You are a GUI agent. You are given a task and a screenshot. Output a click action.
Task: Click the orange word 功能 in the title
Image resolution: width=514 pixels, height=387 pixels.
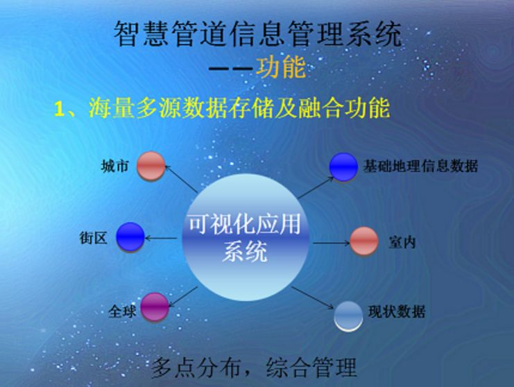281,67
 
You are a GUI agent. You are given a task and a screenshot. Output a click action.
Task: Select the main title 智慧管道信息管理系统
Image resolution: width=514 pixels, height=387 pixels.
257,34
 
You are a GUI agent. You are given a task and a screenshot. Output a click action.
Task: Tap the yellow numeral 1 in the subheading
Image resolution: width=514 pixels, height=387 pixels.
59,109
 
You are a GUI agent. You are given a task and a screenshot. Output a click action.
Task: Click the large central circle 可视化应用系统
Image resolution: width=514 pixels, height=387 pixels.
246,237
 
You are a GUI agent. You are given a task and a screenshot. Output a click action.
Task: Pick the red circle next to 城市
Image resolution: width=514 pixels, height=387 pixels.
151,166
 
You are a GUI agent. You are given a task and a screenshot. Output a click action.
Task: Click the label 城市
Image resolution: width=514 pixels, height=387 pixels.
114,166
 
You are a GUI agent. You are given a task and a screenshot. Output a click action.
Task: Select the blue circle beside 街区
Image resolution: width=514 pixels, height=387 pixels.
130,237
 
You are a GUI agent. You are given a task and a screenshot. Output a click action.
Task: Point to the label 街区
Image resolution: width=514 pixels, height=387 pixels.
94,237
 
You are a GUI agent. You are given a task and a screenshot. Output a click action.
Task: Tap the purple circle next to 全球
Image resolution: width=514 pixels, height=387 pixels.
155,307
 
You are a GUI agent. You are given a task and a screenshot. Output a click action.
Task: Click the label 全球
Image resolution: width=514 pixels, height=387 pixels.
122,311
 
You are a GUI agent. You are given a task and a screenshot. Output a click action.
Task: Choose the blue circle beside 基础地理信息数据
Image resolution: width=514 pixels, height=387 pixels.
343,166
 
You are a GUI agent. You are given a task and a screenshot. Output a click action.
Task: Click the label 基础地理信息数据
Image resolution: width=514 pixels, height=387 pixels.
420,166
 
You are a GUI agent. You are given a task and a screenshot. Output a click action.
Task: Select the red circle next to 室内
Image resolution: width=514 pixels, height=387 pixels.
364,241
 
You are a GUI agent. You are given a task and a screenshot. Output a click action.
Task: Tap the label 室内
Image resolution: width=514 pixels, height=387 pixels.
402,242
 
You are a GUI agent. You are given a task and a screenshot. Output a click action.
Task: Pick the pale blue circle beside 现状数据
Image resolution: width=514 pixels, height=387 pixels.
348,316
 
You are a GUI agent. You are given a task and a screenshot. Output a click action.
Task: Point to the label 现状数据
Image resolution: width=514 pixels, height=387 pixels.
397,311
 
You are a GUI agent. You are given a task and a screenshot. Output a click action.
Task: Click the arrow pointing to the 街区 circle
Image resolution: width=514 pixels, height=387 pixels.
162,238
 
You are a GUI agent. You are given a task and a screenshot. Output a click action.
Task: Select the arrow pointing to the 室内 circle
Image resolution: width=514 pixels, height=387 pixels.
332,243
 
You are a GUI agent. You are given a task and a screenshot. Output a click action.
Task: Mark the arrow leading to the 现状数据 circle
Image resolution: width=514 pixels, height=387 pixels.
313,298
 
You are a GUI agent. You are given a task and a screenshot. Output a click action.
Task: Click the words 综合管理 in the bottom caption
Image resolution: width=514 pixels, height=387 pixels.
311,368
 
